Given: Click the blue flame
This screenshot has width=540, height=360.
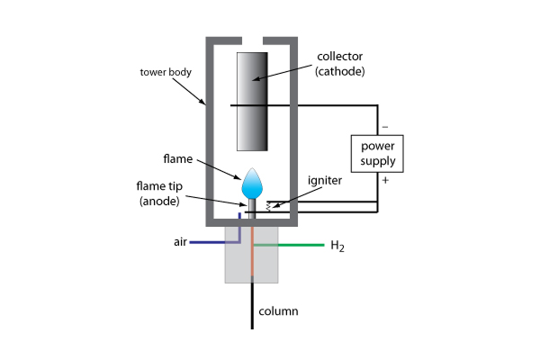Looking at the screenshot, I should tap(253, 184).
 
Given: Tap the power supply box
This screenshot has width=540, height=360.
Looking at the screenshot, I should tap(378, 154).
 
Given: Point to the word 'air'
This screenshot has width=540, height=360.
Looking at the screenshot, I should tap(181, 243).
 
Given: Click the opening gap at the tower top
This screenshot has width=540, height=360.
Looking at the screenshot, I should tap(253, 41).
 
